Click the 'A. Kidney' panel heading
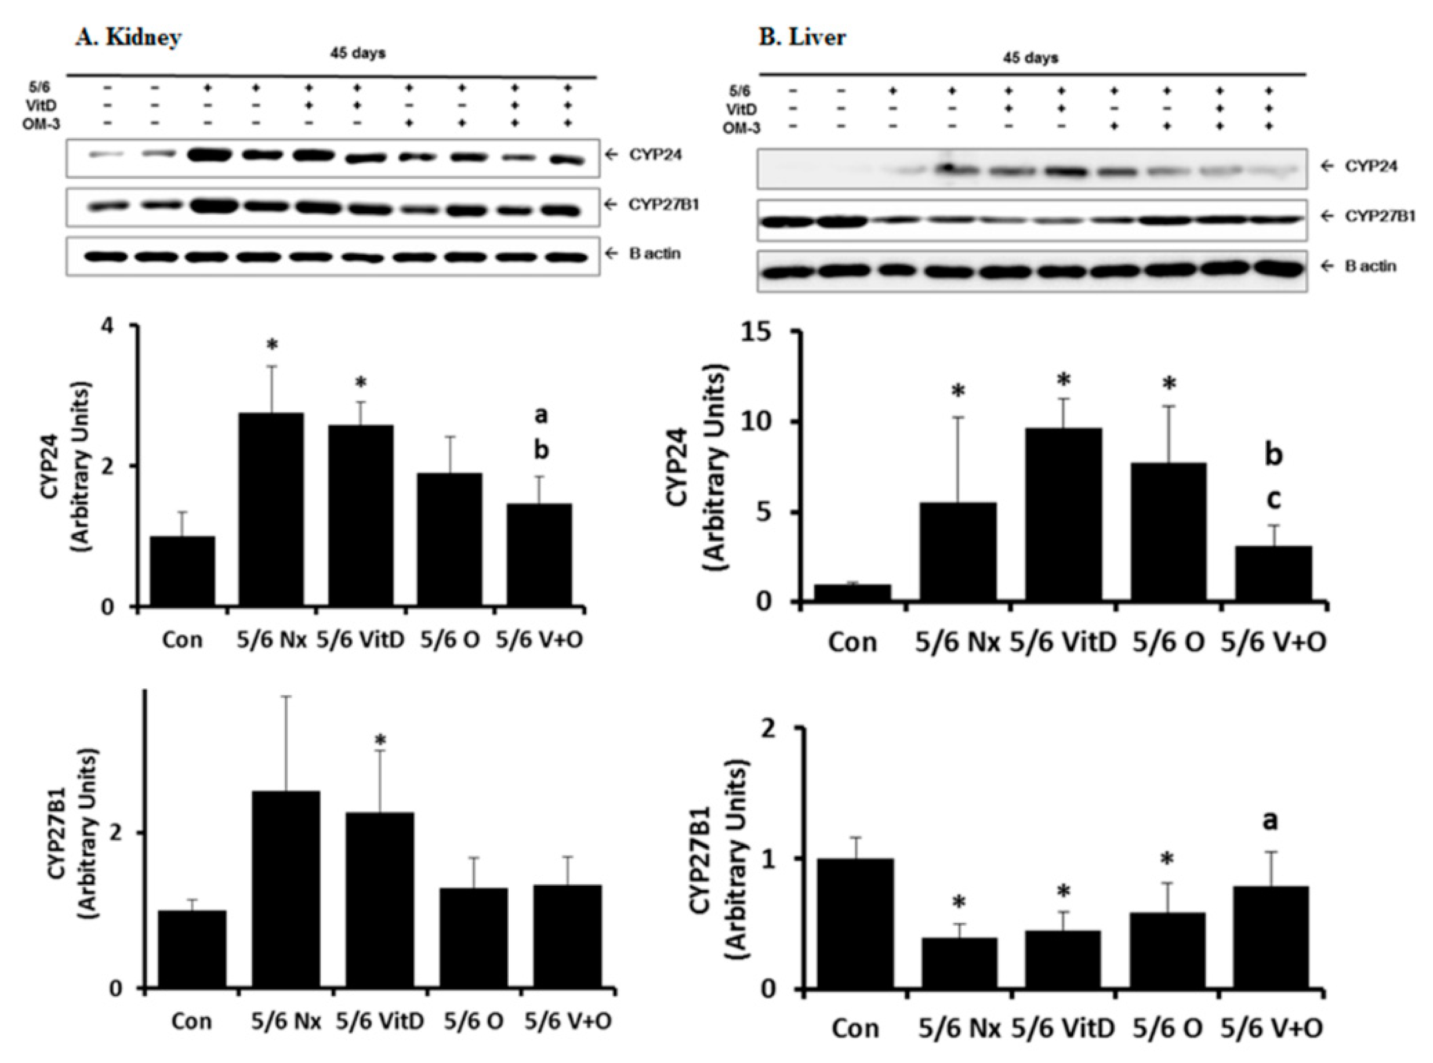pos(128,37)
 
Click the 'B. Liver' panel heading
pos(802,37)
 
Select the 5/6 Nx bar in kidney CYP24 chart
pos(271,509)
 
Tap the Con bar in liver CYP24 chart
pos(852,593)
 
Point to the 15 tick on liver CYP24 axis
pos(774,332)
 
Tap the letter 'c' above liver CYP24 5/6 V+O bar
pos(1273,499)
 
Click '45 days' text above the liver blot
pos(1031,58)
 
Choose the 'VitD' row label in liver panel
pos(740,110)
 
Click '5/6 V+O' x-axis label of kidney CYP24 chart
pos(540,641)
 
